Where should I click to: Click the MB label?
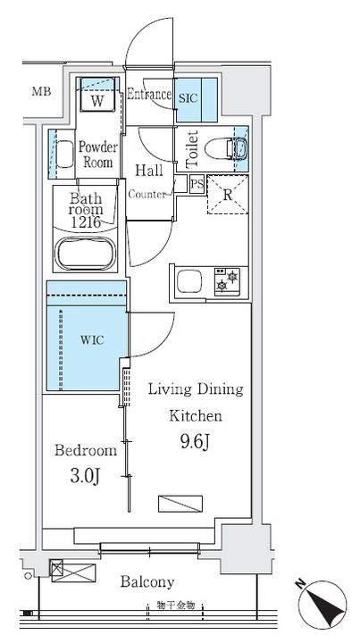[x=42, y=91]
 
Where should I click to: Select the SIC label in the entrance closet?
[x=188, y=98]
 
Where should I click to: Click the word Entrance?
[x=149, y=95]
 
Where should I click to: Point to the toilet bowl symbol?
[x=225, y=148]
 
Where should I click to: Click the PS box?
[x=197, y=185]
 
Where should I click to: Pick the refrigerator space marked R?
[x=228, y=195]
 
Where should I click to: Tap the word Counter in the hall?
[x=147, y=195]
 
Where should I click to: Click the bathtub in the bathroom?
[x=85, y=254]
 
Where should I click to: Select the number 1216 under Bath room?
[x=86, y=221]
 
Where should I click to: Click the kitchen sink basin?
[x=189, y=282]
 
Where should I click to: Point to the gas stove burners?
[x=227, y=281]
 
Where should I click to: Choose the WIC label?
[x=92, y=340]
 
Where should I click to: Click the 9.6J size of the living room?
[x=195, y=442]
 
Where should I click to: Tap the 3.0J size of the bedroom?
[x=86, y=477]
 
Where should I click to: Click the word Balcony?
[x=147, y=581]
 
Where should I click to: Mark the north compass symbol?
[x=322, y=605]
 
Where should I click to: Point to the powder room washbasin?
[x=64, y=154]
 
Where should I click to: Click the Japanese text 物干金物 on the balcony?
[x=175, y=605]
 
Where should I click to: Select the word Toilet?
[x=192, y=149]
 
